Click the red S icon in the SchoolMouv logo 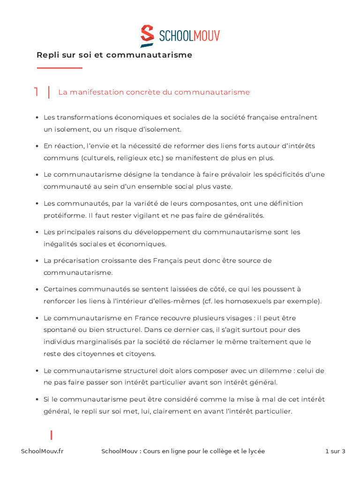[x=147, y=36]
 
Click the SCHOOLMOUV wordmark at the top [x=189, y=36]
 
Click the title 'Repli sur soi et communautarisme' [x=114, y=55]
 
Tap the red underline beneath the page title [x=60, y=68]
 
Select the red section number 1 [x=36, y=92]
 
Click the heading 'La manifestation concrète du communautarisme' [x=154, y=92]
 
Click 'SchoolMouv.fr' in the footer [x=42, y=451]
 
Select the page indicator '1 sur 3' [x=335, y=451]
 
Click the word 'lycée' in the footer [x=255, y=451]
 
